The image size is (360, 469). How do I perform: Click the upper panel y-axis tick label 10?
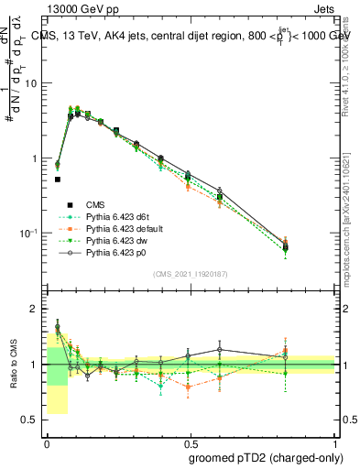pos(31,83)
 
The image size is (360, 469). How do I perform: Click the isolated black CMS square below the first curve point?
pos(58,180)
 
